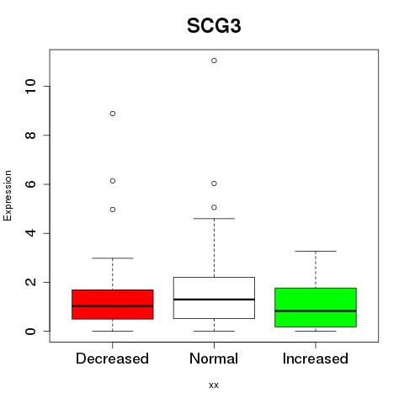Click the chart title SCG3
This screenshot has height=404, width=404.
pos(214,26)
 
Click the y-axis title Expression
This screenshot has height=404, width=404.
pos(8,195)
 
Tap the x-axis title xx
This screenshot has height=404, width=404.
pos(214,385)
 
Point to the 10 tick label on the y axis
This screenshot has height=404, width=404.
pos(30,86)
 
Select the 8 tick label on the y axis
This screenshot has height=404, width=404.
pos(30,136)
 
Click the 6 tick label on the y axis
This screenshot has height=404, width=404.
pos(30,184)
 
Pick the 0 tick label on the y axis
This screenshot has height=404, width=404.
pos(30,331)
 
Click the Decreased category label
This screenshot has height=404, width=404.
pos(112,359)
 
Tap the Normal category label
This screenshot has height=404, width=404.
pos(214,359)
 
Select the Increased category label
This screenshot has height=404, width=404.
pos(316,359)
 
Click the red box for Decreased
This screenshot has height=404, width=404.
pos(113,305)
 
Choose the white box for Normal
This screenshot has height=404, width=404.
pos(214,298)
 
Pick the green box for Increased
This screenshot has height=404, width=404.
pos(316,307)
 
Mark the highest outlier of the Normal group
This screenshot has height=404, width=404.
pos(214,61)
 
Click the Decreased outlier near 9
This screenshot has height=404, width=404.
pos(113,114)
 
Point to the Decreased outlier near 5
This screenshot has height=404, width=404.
pos(113,210)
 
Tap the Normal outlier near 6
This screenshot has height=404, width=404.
pos(214,183)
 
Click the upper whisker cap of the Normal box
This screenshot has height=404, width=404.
pos(214,218)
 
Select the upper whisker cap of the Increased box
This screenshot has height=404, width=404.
pos(316,251)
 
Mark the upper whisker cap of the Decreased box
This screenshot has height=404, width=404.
pos(113,258)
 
